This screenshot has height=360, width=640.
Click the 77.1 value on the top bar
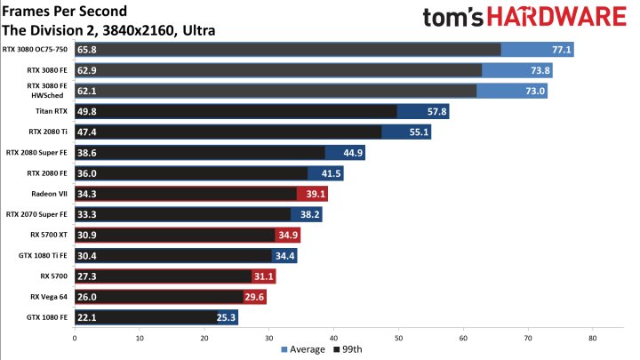click(561, 50)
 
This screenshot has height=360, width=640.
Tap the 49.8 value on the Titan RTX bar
click(88, 111)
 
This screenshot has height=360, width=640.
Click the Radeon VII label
click(51, 193)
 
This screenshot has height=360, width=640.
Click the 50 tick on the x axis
click(398, 338)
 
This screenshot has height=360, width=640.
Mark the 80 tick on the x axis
click(593, 338)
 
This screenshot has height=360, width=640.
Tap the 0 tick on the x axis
click(75, 338)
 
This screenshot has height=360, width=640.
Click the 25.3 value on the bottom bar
click(227, 316)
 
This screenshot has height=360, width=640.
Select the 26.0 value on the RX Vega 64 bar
click(88, 296)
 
